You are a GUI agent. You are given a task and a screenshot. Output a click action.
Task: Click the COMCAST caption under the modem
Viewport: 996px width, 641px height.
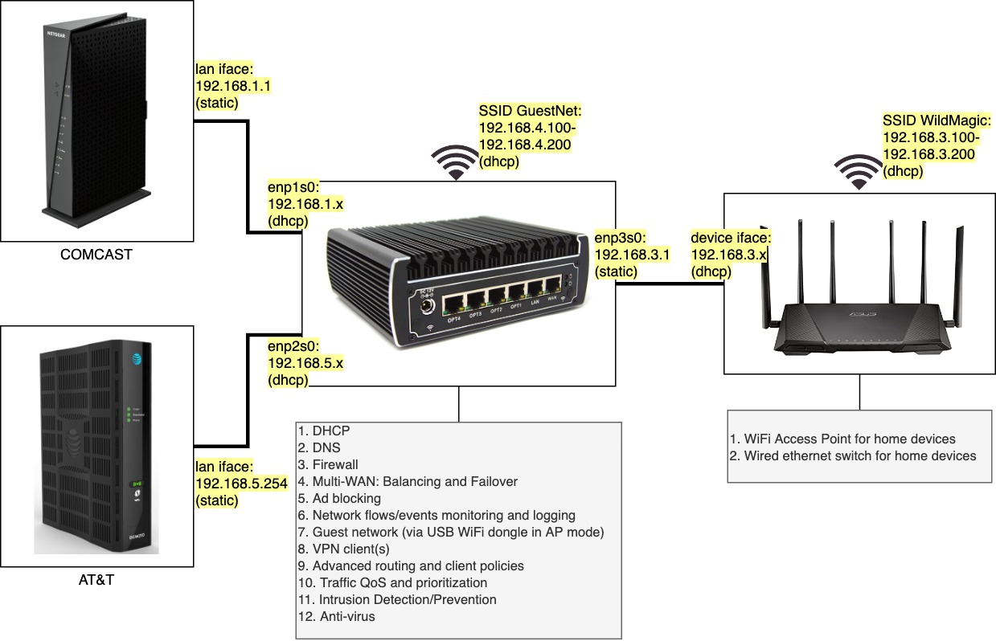coord(96,255)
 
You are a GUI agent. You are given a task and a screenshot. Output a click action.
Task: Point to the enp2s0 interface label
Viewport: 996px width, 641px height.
coord(305,363)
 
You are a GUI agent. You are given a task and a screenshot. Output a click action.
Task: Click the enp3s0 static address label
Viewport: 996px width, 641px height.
coord(620,255)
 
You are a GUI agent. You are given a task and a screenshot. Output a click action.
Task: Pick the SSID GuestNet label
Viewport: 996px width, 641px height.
coord(529,136)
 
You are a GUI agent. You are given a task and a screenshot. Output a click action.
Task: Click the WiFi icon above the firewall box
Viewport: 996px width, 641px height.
coord(456,162)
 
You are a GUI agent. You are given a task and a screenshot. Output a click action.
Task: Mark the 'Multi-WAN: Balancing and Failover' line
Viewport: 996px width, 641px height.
coord(408,481)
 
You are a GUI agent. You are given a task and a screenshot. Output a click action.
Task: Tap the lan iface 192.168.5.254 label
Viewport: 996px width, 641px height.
coord(227,483)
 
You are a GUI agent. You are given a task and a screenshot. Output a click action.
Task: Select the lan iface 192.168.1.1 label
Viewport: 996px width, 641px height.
coord(227,86)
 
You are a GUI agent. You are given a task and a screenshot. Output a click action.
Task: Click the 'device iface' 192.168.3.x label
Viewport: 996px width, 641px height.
coord(732,255)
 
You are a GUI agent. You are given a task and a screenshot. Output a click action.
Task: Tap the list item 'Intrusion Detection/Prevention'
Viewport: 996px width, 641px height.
coord(397,600)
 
